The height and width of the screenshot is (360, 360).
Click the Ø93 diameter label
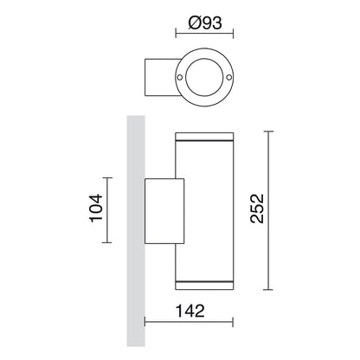click(x=205, y=22)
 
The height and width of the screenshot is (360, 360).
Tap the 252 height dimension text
click(x=257, y=209)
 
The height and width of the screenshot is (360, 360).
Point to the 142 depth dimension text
click(x=190, y=311)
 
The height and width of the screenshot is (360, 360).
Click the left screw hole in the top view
click(x=179, y=77)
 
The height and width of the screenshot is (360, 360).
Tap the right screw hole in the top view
click(x=229, y=77)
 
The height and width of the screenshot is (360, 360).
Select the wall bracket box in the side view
click(x=164, y=211)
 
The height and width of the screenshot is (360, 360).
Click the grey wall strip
click(x=136, y=231)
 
